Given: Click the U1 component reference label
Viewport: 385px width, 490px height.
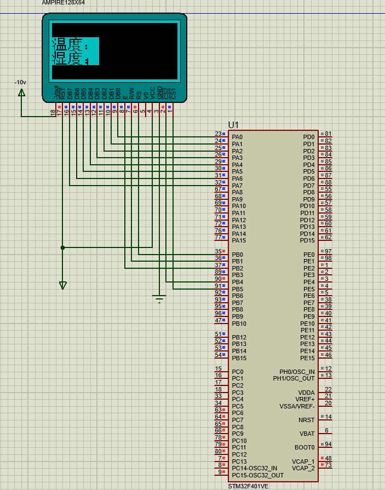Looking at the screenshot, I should coord(233,125).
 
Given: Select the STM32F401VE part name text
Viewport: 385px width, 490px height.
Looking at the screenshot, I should coord(248,486).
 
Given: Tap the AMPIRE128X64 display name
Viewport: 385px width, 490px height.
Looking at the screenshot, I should coord(64,3).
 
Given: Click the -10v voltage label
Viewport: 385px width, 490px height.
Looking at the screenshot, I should coord(20,82).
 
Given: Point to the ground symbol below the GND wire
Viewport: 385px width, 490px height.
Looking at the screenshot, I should coord(159,299).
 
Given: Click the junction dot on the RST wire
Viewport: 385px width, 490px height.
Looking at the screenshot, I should coord(63,247).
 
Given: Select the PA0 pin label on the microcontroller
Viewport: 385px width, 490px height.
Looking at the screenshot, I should coord(237,137).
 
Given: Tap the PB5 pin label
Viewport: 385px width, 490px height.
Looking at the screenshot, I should coord(237,289).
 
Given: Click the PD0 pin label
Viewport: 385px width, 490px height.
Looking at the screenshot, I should coord(309,137).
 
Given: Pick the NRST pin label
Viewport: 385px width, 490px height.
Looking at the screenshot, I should coord(306,420).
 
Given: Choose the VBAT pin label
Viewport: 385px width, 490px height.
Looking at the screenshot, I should coord(307,434).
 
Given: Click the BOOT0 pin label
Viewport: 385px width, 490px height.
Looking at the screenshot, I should coord(304,447).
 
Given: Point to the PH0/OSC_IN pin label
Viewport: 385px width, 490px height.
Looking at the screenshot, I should coord(297,372).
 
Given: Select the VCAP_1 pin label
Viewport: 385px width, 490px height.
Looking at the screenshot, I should coord(303,462).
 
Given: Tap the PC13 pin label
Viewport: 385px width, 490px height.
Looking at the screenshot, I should coord(239,462).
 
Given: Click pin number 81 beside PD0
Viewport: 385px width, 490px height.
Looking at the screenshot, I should coord(328,134).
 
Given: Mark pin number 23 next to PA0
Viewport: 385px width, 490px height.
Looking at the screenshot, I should coord(217,134).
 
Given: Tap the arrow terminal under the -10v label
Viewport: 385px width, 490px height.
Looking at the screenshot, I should coord(21,93).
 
